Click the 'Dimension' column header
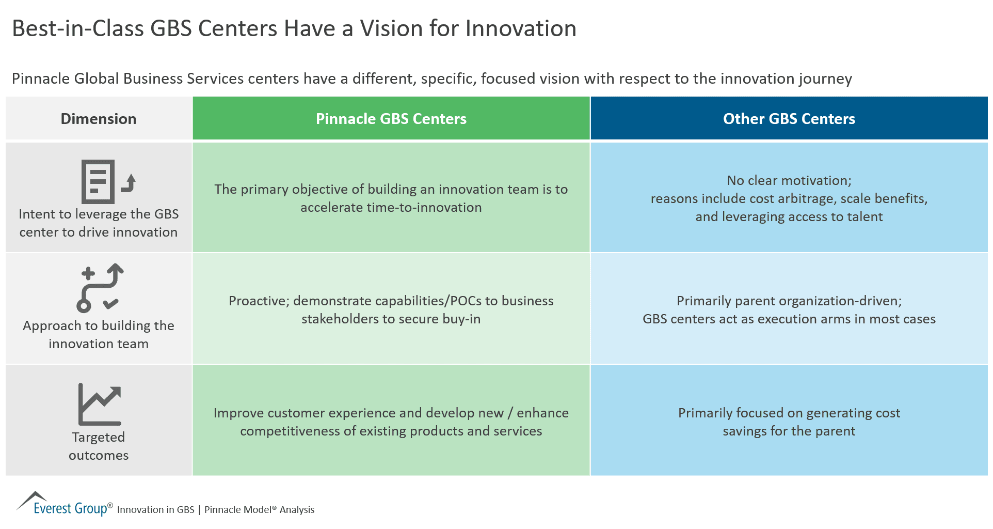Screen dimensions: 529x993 click(99, 119)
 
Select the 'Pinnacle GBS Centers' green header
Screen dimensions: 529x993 click(391, 119)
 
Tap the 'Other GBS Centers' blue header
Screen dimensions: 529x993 click(789, 119)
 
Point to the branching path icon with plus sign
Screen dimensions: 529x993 click(100, 288)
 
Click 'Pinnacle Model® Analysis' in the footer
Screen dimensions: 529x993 click(259, 510)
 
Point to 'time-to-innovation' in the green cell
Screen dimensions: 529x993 click(391, 208)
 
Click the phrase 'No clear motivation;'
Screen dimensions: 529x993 click(789, 181)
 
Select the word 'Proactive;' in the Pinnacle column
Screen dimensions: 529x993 click(259, 301)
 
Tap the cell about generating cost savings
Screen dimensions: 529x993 click(789, 422)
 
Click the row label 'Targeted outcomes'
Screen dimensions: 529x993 click(99, 446)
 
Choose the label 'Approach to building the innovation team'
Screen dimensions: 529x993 click(99, 335)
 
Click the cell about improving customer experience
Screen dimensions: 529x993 click(391, 422)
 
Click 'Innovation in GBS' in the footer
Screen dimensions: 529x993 click(155, 510)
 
